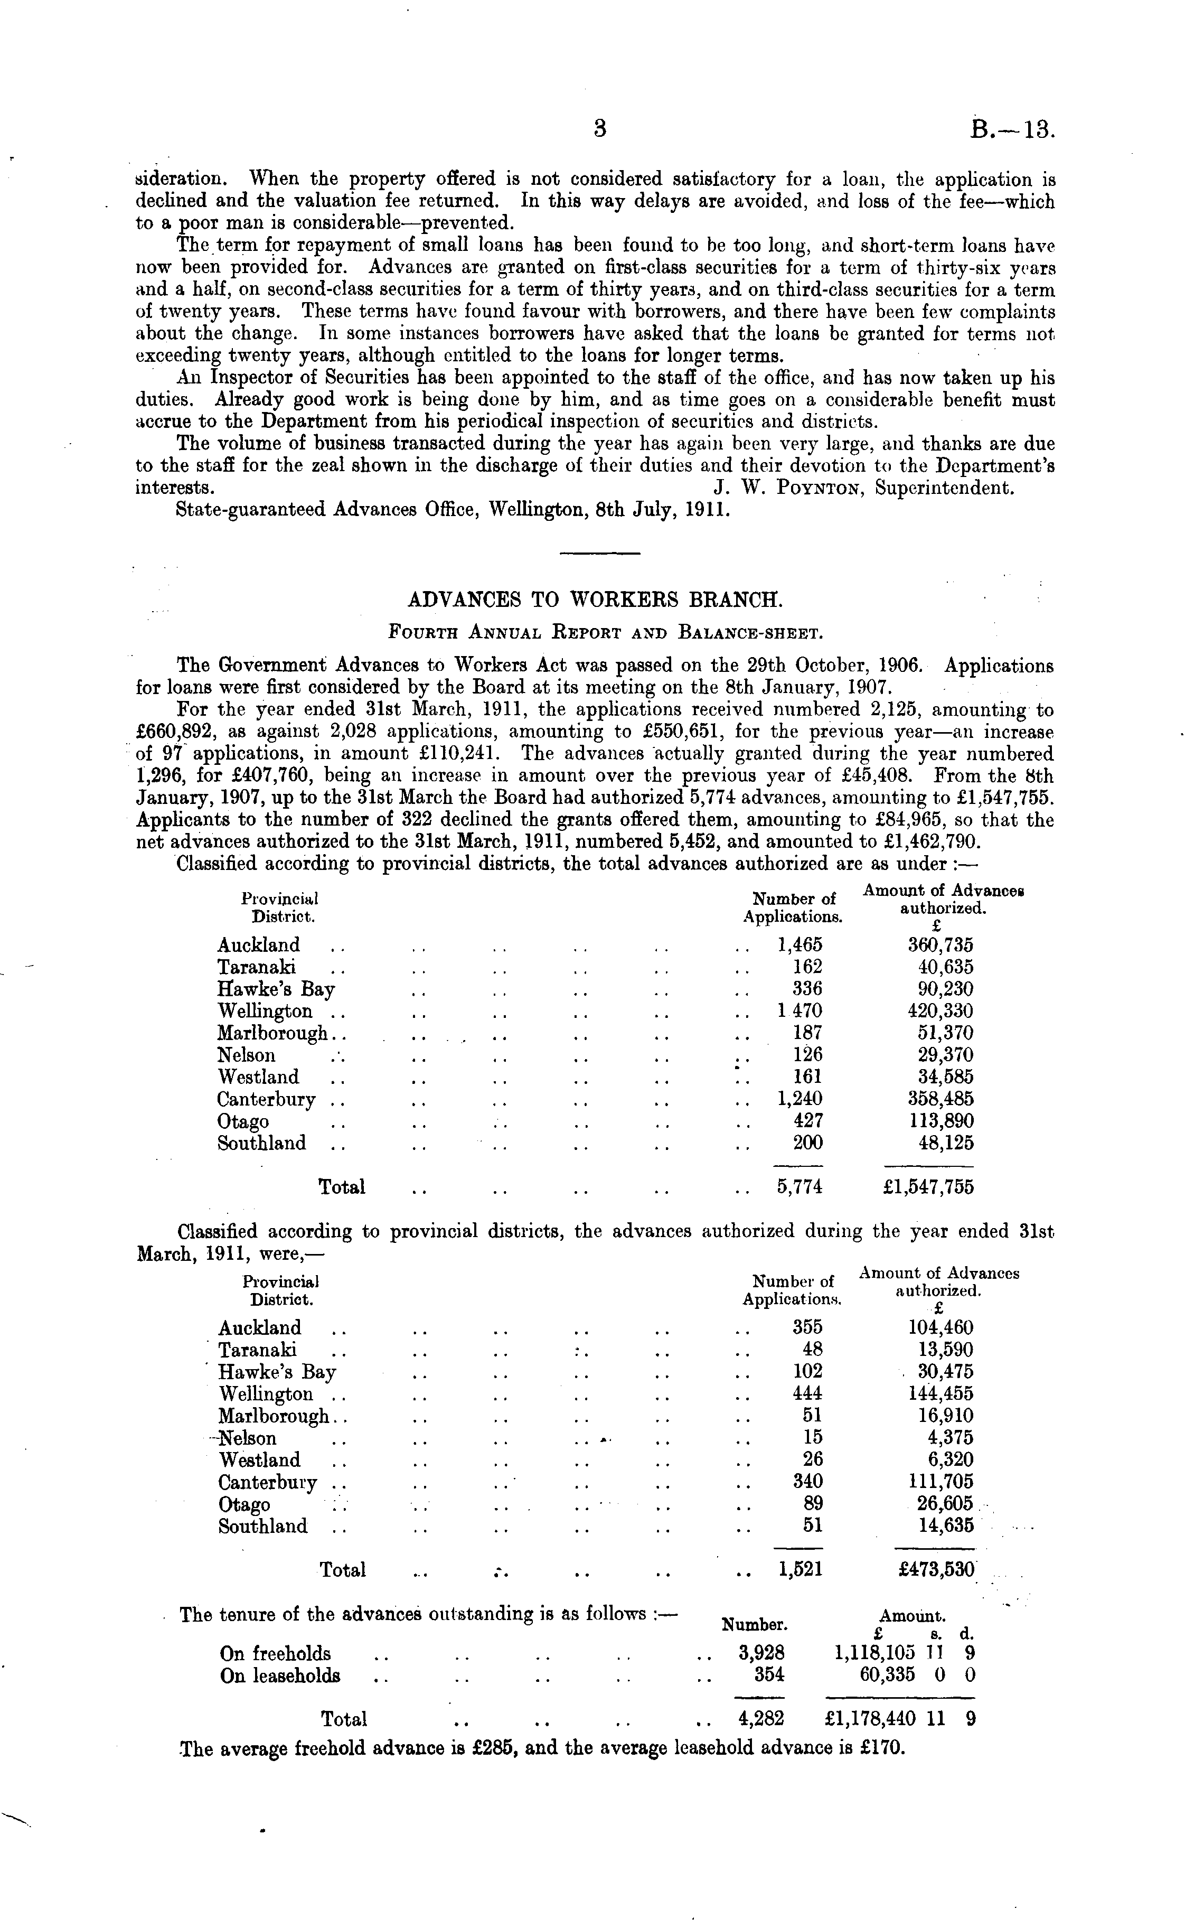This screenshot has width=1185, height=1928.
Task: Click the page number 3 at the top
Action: [600, 128]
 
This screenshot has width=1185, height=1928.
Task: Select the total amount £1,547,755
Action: [928, 1187]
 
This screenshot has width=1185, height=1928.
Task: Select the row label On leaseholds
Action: [280, 1677]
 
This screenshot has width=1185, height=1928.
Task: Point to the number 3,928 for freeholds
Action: [761, 1654]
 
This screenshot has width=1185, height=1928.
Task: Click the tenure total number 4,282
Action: [761, 1719]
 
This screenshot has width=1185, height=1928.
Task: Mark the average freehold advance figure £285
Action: [494, 1748]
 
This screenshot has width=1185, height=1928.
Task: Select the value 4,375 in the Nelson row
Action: [952, 1438]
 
